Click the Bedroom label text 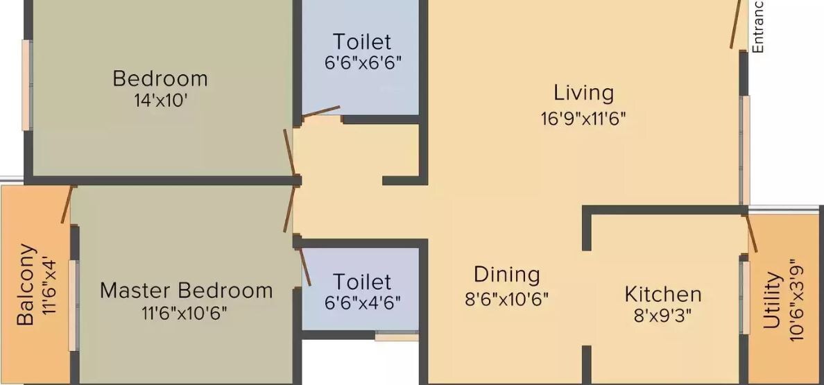[x=160, y=78]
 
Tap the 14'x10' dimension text [x=161, y=101]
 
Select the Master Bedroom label [x=186, y=290]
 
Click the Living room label [x=583, y=93]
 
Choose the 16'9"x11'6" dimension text [x=583, y=119]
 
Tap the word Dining [x=506, y=275]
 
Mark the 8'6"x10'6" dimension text [x=506, y=299]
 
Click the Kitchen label [x=663, y=294]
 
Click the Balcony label [x=25, y=284]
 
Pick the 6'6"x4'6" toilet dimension [x=362, y=303]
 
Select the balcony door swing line [x=67, y=204]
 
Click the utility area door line [x=751, y=234]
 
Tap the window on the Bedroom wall [x=26, y=85]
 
